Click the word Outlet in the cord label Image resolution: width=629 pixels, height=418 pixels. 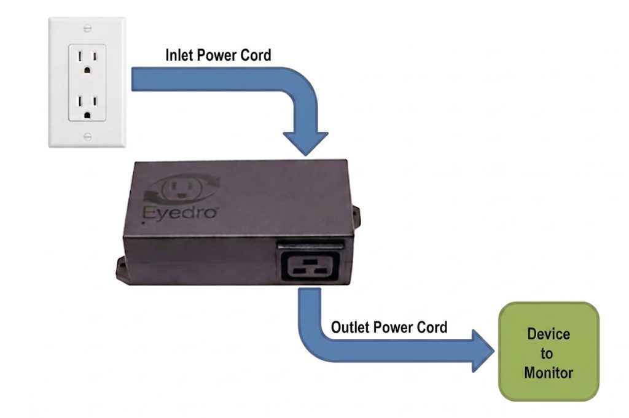(x=351, y=327)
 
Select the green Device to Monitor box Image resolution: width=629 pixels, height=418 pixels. (x=548, y=351)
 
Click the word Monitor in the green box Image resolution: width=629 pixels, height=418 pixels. (x=548, y=373)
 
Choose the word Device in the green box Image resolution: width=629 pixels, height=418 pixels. (x=548, y=334)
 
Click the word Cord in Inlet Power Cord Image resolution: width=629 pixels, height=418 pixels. (x=257, y=55)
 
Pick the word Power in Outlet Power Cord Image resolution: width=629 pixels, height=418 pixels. (x=394, y=327)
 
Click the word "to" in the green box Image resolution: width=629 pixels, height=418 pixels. (x=547, y=354)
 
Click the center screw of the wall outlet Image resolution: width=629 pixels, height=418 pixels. (x=87, y=84)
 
